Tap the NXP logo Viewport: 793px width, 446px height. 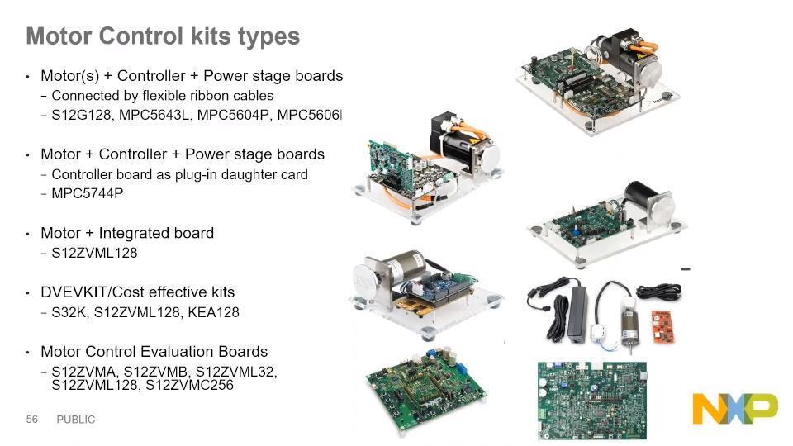[x=735, y=408]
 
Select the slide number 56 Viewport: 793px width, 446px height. [x=32, y=420]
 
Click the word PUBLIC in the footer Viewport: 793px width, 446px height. [x=76, y=420]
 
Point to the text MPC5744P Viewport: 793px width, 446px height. [x=87, y=193]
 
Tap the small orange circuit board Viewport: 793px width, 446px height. [x=663, y=325]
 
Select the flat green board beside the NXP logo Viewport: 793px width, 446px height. [x=591, y=400]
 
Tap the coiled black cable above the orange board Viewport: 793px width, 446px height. [x=658, y=292]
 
